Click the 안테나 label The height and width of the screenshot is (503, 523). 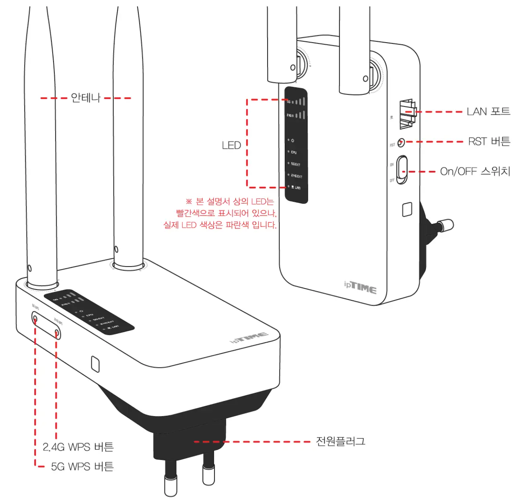pos(85,98)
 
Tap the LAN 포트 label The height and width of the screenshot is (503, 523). pos(488,111)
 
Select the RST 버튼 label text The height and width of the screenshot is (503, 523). pos(489,142)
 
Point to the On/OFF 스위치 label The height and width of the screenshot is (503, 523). pos(475,172)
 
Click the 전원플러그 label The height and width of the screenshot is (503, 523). pos(340,441)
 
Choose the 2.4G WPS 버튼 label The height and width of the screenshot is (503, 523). pos(78,447)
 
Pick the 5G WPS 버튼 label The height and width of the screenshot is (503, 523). pos(82,466)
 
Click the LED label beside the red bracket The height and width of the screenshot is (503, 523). pos(231,146)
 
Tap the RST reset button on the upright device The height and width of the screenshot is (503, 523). pos(401,143)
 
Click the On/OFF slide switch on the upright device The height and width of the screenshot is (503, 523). pos(402,170)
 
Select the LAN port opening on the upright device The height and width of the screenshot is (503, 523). pos(406,114)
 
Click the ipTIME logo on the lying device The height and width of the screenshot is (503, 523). pos(249,338)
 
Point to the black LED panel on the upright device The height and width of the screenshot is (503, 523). pos(296,145)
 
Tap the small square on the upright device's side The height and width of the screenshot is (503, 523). pos(407,209)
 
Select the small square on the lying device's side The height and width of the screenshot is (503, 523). pos(95,364)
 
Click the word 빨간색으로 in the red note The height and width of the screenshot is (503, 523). pos(195,213)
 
